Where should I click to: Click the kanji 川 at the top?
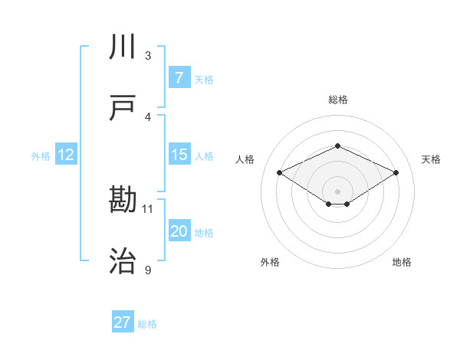coord(123,48)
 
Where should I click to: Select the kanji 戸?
coord(123,108)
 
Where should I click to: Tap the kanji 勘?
coord(123,201)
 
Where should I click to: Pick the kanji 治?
coord(123,262)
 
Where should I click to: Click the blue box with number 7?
coord(179,78)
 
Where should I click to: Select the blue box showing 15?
coord(179,155)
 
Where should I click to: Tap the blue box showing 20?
coord(179,232)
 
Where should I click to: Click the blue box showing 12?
coord(66,155)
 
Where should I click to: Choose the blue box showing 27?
coord(123,322)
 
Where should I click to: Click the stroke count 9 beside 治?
coord(148,270)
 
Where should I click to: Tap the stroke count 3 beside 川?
coord(148,56)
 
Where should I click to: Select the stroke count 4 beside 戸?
coord(148,116)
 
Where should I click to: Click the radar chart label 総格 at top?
coord(337,100)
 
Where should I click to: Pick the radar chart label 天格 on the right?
coord(431,159)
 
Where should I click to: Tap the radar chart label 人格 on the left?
coord(245,159)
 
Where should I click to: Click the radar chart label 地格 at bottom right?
coord(402,262)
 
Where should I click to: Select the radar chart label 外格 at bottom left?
coord(270,262)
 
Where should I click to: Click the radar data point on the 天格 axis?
coord(396,172)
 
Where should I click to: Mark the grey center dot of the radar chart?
coord(337,191)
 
